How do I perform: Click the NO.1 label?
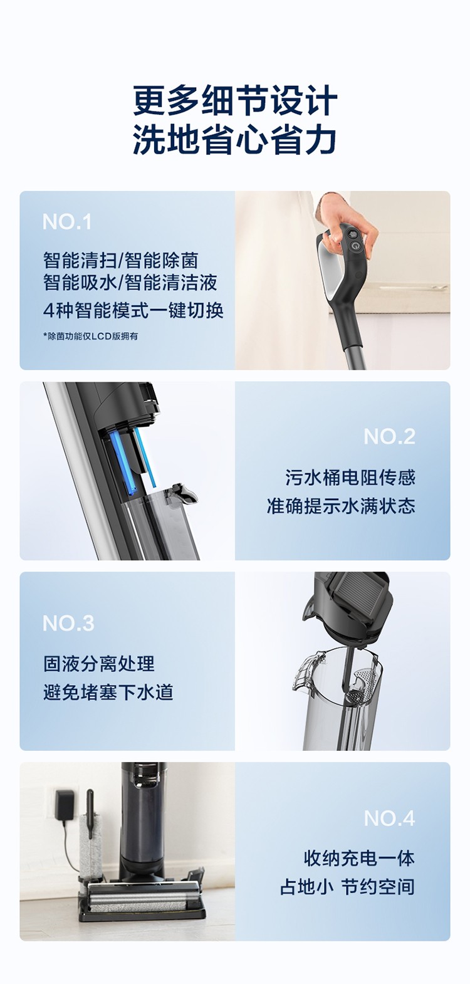67,222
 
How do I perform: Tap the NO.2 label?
389,436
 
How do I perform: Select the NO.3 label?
68,623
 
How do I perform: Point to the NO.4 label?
389,819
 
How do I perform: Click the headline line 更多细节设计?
235,101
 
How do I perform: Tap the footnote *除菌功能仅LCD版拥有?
90,337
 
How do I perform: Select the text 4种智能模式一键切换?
133,311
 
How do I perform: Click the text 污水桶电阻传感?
350,478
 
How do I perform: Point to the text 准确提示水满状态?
341,506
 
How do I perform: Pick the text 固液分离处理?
99,664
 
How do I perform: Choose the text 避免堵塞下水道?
108,693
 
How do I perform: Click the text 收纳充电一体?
359,859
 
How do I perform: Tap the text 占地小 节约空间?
347,887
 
